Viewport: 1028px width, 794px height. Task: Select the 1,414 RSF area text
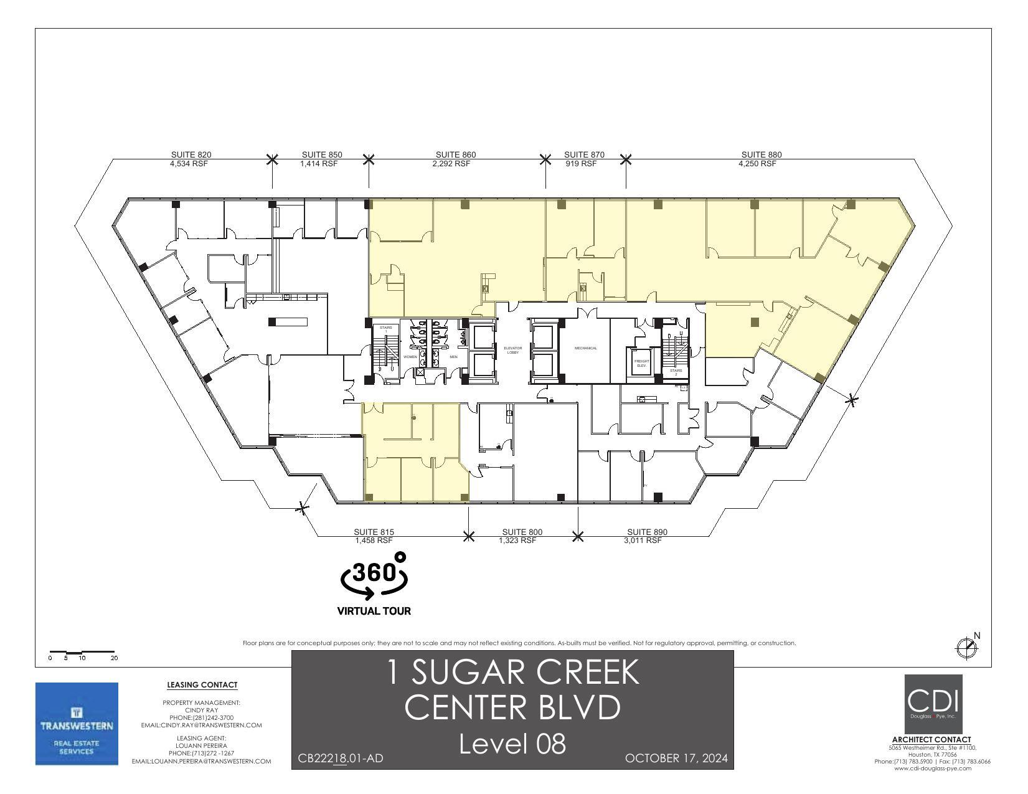click(319, 164)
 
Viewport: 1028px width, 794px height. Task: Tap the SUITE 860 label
click(455, 154)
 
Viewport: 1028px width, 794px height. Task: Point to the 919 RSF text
click(580, 164)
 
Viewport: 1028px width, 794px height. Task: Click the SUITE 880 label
click(761, 154)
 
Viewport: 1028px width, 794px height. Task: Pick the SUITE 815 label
click(374, 532)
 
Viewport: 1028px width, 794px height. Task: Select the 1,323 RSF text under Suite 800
click(517, 541)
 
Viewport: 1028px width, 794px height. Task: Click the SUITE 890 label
click(646, 532)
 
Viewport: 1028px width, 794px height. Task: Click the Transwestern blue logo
click(77, 724)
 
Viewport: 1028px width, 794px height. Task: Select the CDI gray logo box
click(933, 704)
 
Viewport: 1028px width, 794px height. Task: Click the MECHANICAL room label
click(585, 348)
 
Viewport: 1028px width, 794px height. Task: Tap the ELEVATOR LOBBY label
click(512, 350)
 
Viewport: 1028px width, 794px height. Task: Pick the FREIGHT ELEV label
click(641, 362)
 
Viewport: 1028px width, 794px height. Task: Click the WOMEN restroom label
click(410, 357)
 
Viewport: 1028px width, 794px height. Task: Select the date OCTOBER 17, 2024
click(676, 758)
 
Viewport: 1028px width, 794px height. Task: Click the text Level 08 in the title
click(512, 744)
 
